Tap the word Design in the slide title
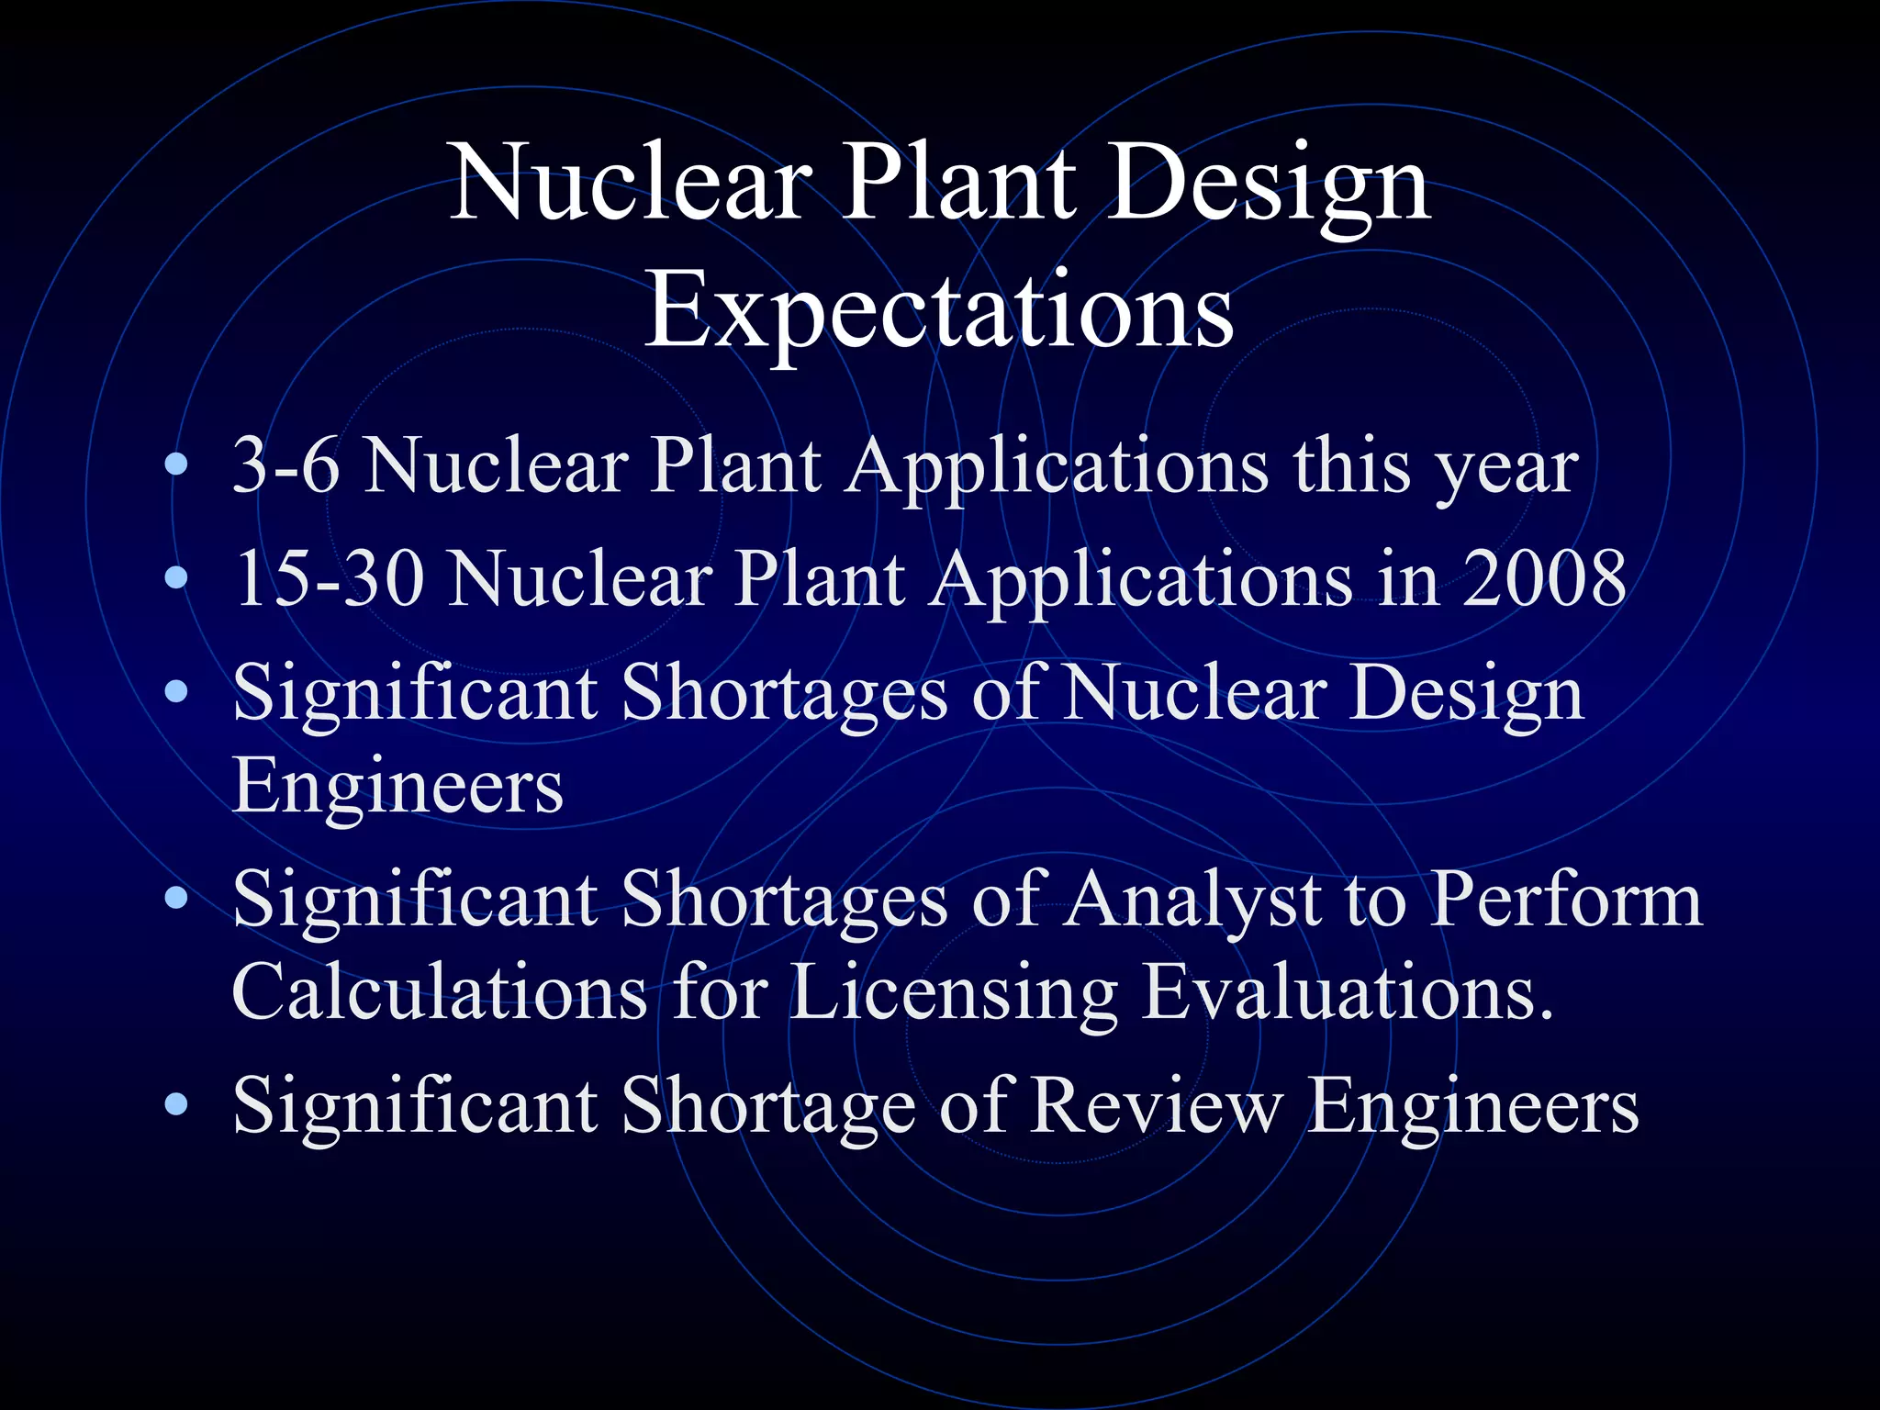click(x=1269, y=185)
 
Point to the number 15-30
click(x=329, y=579)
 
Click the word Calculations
click(x=440, y=993)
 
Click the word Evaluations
click(x=1348, y=993)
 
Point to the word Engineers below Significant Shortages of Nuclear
click(x=397, y=787)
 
